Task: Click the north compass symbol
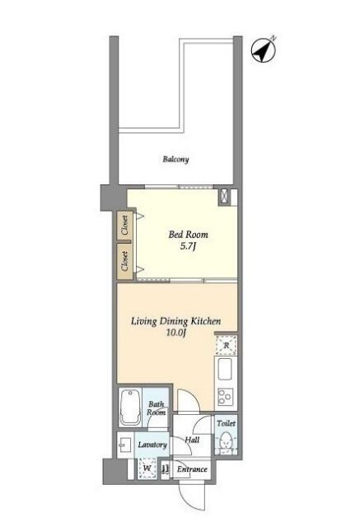(263, 51)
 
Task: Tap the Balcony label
(175, 159)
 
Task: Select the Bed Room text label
(189, 235)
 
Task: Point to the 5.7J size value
(188, 246)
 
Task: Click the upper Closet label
(124, 226)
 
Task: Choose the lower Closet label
(124, 261)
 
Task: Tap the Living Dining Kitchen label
(176, 321)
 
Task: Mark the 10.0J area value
(176, 333)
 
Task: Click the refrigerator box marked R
(226, 345)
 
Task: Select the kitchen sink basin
(225, 369)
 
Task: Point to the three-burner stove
(225, 397)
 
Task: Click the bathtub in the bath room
(129, 408)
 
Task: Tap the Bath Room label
(156, 408)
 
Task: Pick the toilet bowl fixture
(226, 440)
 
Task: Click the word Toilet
(226, 423)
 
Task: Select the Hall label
(192, 440)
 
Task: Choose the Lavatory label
(152, 445)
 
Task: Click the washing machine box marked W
(147, 468)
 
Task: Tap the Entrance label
(192, 469)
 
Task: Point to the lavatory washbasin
(125, 445)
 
